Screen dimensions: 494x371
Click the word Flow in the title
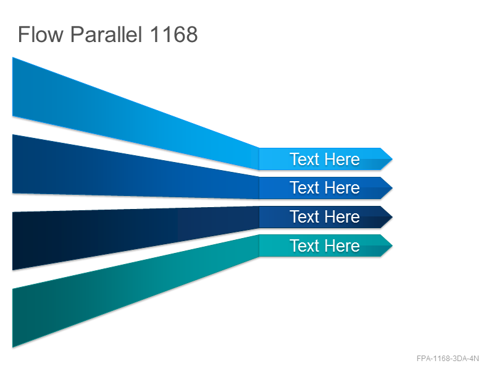[x=41, y=35]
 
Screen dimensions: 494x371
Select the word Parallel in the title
[x=106, y=35]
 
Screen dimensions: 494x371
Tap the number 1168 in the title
[x=174, y=35]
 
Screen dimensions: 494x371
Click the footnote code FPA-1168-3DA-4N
[x=448, y=359]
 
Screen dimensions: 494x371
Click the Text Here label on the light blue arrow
[x=325, y=160]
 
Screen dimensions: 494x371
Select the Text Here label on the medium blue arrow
[x=325, y=188]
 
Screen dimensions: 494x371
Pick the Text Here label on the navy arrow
[x=325, y=217]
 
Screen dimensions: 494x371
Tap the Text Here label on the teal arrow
[x=325, y=245]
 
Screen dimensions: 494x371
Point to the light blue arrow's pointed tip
[x=392, y=159]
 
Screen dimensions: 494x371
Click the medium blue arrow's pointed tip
[x=392, y=188]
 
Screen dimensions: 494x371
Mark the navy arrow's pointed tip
[x=392, y=217]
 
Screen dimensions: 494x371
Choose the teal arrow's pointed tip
[x=392, y=245]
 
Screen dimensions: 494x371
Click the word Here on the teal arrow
[x=342, y=245]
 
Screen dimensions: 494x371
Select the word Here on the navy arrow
[x=342, y=217]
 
